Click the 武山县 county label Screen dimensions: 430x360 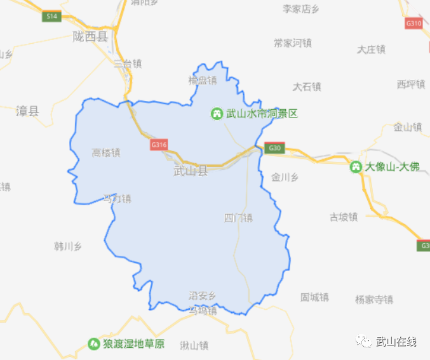191,171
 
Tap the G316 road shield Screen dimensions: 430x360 159,145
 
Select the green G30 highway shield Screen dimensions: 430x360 274,149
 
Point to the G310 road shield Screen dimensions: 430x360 413,23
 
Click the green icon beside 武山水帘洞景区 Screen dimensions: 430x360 217,114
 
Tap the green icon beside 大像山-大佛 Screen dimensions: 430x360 356,168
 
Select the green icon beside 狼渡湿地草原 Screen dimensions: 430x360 93,344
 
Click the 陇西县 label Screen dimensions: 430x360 90,37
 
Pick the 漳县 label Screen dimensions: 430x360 27,111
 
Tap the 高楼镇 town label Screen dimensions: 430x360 106,152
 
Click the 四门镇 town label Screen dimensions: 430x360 238,218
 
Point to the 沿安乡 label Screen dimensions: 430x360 203,296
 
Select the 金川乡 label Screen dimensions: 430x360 285,177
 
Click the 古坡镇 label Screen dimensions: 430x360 343,217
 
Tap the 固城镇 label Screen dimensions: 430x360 314,297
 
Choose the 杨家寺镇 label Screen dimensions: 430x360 374,300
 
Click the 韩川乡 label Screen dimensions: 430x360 68,246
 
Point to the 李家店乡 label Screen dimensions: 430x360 300,9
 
